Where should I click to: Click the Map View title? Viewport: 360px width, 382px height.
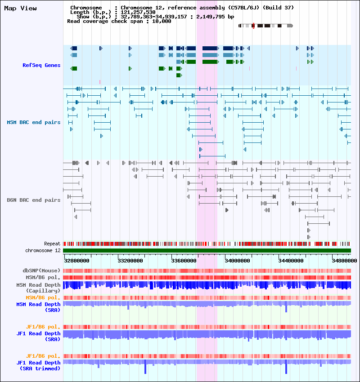(x=20, y=9)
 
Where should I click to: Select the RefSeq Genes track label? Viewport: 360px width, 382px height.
(x=41, y=65)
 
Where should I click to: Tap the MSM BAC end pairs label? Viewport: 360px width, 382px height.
(x=34, y=122)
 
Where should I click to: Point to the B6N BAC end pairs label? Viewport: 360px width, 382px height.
(x=34, y=200)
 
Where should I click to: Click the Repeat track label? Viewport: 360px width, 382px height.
(x=52, y=244)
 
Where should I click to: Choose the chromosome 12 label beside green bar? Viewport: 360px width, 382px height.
(x=43, y=250)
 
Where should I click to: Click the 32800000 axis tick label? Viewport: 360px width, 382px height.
(x=76, y=260)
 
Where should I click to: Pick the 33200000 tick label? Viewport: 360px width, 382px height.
(x=130, y=260)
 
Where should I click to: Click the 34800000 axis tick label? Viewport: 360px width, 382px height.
(x=343, y=260)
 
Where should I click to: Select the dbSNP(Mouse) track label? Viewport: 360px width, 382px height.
(x=41, y=271)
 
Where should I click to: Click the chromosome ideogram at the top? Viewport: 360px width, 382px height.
(x=265, y=26)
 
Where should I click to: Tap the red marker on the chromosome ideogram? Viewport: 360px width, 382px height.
(x=254, y=26)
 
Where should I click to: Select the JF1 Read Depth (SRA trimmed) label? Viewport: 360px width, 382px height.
(x=39, y=365)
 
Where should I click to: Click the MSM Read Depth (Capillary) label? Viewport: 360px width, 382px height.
(x=38, y=288)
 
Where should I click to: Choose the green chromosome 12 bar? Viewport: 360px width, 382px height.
(x=207, y=250)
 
